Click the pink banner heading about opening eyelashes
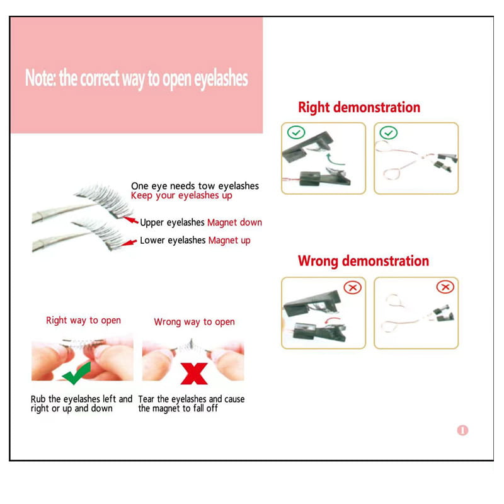[136, 79]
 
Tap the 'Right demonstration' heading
[358, 107]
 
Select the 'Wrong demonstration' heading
[363, 261]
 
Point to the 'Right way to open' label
[83, 321]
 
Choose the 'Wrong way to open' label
[194, 322]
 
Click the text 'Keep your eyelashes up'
[181, 196]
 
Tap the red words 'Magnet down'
[234, 222]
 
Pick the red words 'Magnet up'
[229, 241]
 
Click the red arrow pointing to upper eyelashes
[130, 220]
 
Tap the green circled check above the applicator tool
[389, 133]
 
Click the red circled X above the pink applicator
[445, 287]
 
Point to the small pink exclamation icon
[462, 431]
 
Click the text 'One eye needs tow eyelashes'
[195, 186]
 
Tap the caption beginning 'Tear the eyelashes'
[192, 404]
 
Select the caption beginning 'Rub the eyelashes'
[81, 404]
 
